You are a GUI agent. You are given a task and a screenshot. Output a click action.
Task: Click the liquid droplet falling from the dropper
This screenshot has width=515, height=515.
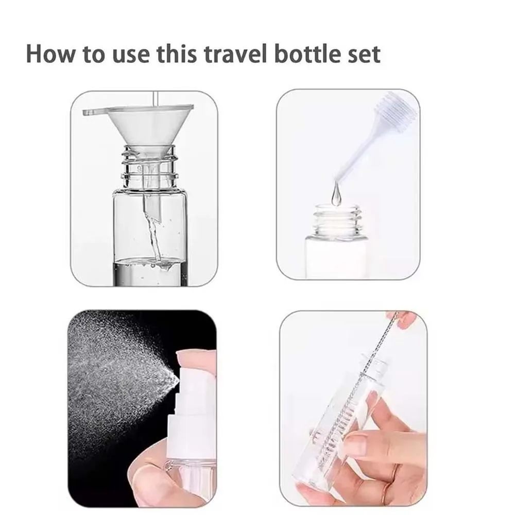tap(336, 196)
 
